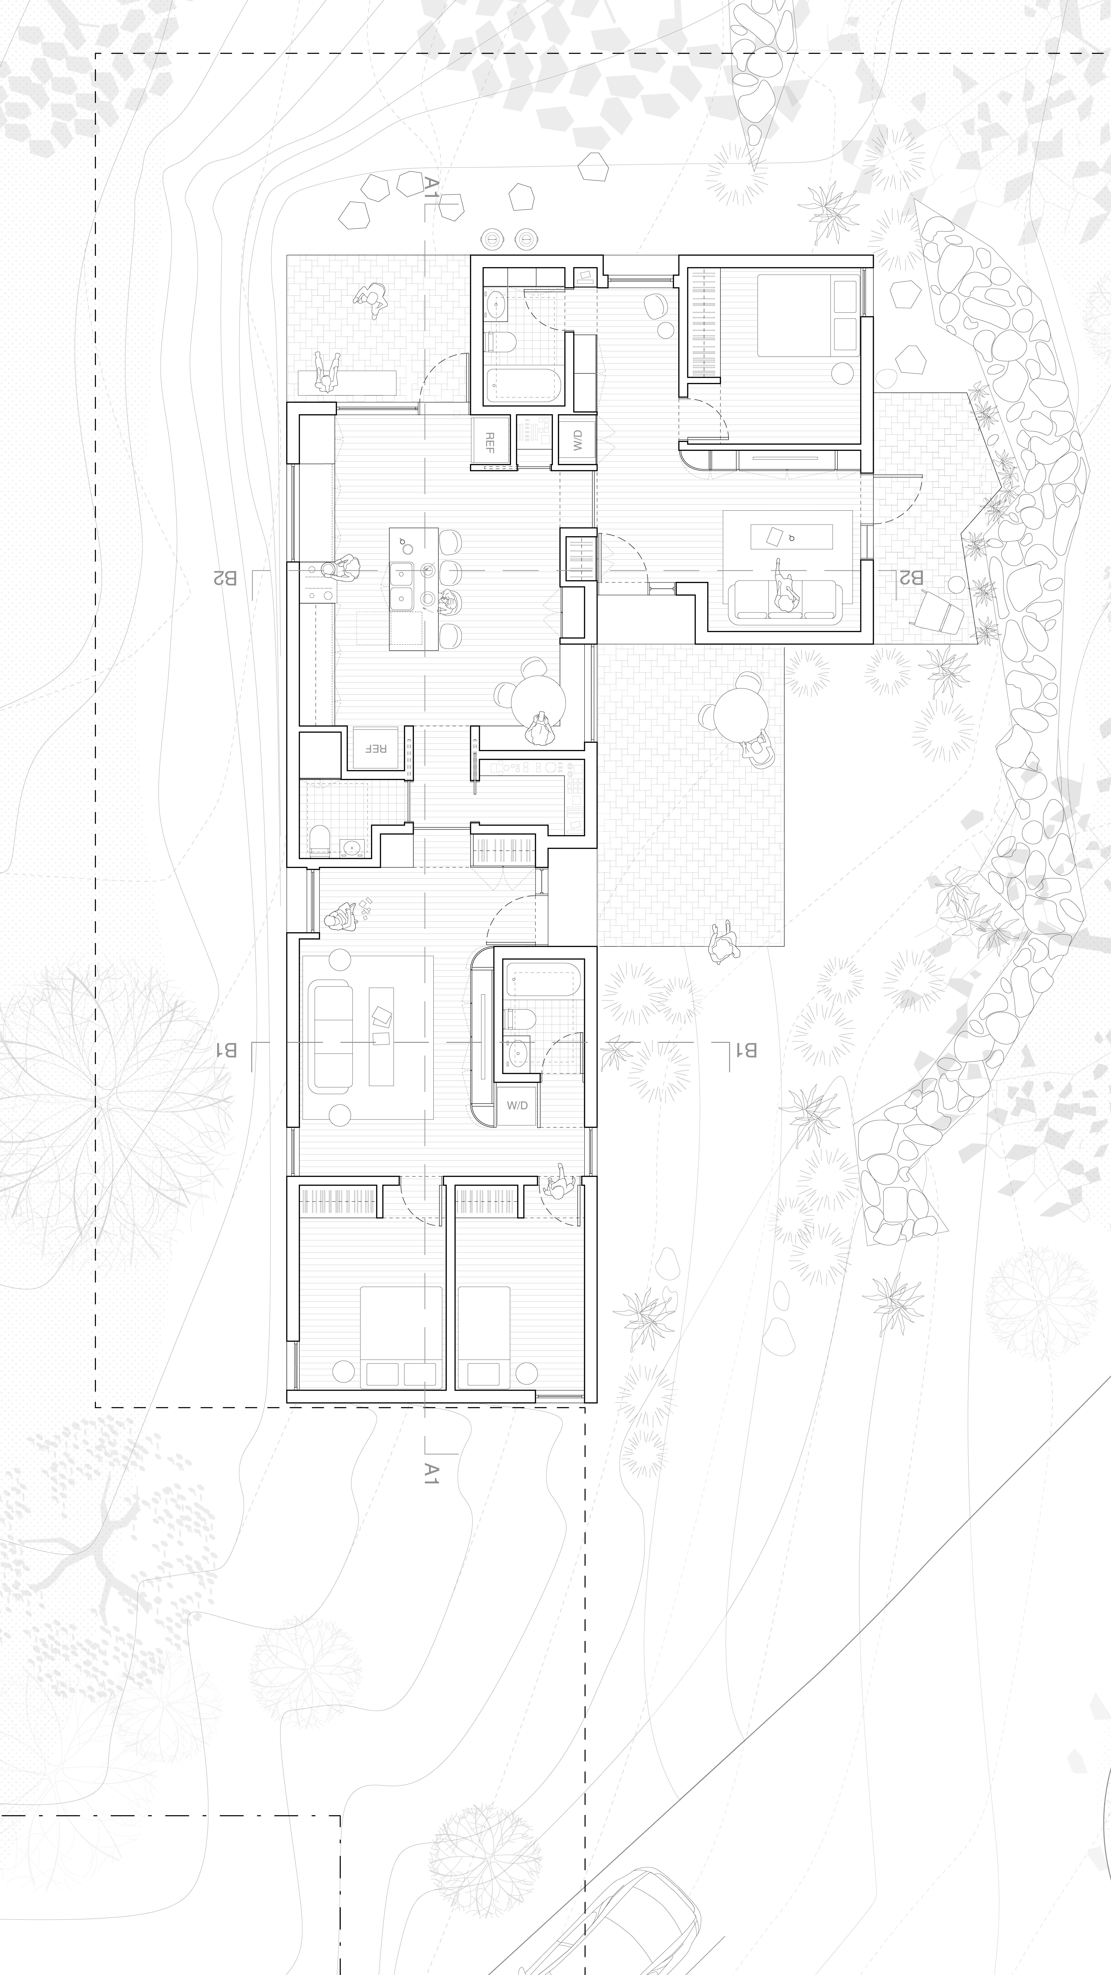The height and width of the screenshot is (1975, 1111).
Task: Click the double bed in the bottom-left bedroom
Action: pos(401,1336)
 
